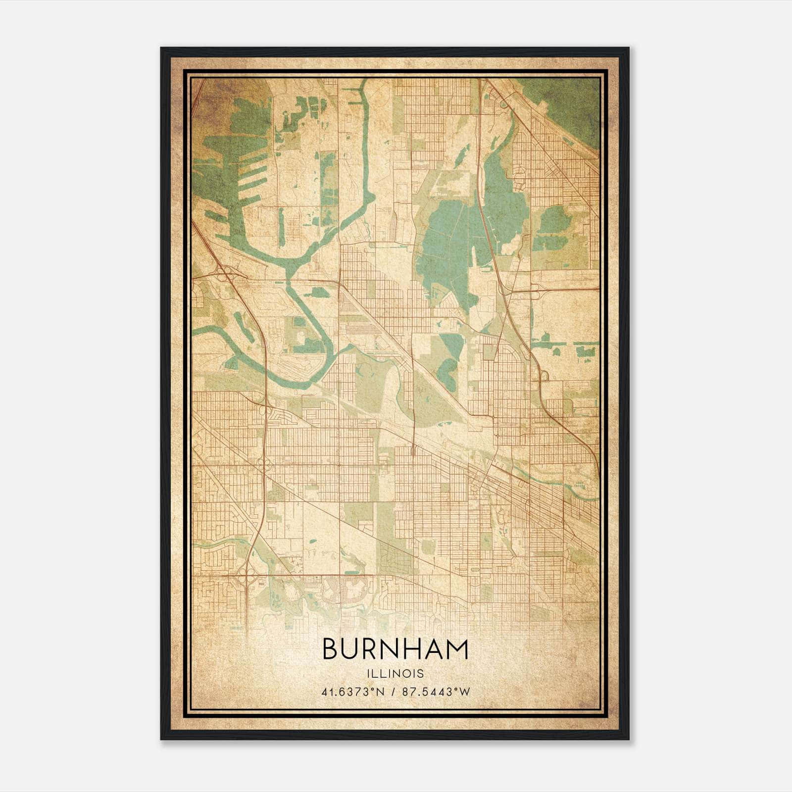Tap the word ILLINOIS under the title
click(x=395, y=673)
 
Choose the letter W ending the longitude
click(x=464, y=692)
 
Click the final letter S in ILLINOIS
click(x=421, y=673)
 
